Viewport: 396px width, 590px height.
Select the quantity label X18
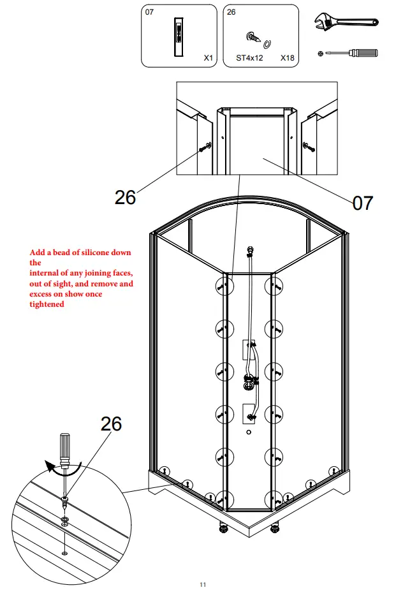(x=287, y=57)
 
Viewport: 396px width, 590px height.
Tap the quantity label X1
(x=208, y=57)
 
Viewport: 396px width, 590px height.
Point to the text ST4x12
(x=249, y=57)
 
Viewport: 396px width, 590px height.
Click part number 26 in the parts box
(x=231, y=12)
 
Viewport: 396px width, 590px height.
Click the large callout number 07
(x=362, y=203)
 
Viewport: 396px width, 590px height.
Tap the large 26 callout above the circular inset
(x=112, y=423)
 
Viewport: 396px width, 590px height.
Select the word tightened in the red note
(x=47, y=304)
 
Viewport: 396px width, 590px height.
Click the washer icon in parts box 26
(x=268, y=43)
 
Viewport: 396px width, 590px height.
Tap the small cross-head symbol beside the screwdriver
(x=319, y=54)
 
